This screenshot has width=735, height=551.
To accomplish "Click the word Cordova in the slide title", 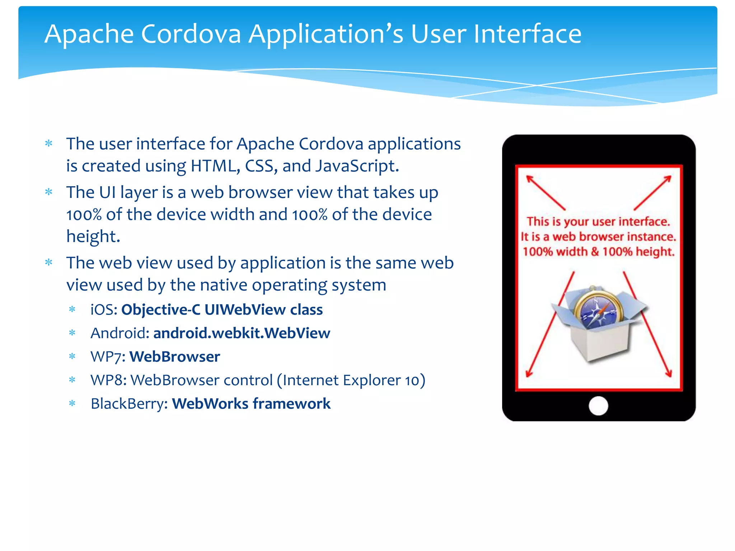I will point(191,34).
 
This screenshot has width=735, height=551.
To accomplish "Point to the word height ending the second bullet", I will point(93,236).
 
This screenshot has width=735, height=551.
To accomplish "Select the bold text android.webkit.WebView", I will point(242,333).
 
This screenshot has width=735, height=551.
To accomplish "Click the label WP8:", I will point(108,380).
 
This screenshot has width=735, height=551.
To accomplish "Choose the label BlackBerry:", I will point(129,404).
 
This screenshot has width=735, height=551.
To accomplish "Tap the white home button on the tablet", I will point(598,406).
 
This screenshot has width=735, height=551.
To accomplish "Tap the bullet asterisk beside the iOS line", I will point(72,310).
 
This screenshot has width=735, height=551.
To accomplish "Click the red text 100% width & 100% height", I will point(598,252).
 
